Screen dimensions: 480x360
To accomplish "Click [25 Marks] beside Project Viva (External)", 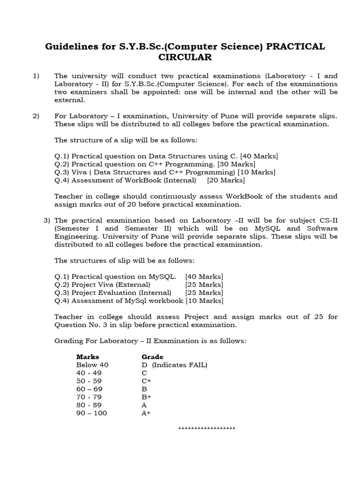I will (204, 285).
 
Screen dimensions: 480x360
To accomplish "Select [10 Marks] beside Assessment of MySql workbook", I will (204, 300).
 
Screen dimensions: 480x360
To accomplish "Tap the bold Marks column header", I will (88, 357).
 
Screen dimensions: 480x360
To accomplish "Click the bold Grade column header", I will (152, 357).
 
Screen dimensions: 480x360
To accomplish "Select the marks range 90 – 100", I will (91, 413).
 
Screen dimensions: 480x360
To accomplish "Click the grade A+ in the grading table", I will (146, 413).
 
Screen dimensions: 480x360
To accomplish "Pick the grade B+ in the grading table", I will (146, 397).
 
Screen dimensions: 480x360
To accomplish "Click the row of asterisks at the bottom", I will (208, 428).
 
